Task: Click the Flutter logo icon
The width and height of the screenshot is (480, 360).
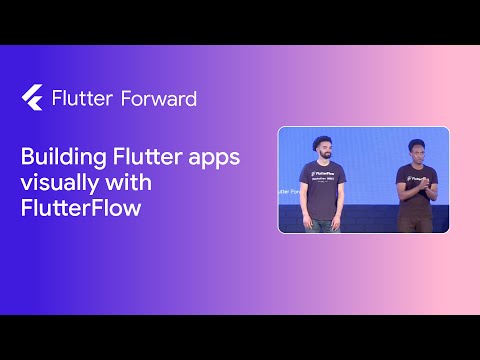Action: coord(30,98)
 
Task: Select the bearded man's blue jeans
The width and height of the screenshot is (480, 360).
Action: coord(322,213)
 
